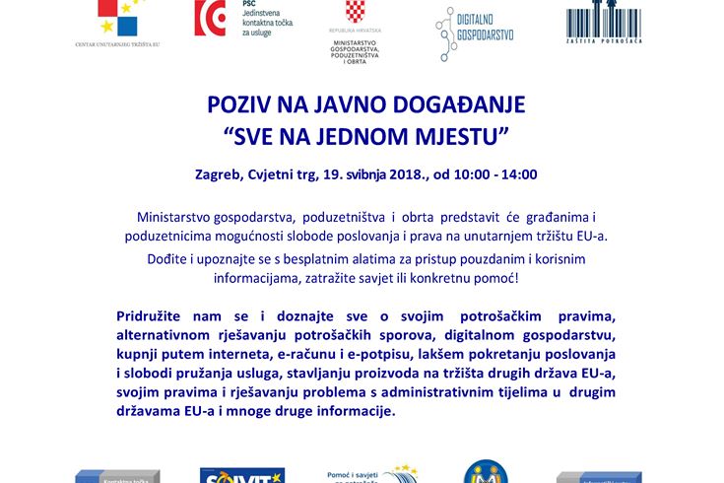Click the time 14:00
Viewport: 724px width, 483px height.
coord(516,174)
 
